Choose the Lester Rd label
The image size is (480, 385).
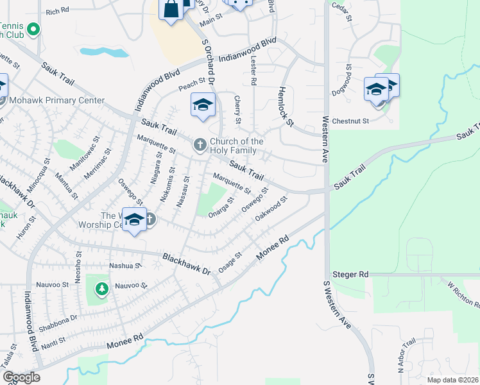[253, 71]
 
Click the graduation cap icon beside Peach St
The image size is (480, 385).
[203, 105]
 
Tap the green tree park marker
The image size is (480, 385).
[101, 289]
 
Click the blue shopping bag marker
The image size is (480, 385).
[171, 9]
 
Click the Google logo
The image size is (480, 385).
[21, 378]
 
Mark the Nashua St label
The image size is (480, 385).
[125, 265]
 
